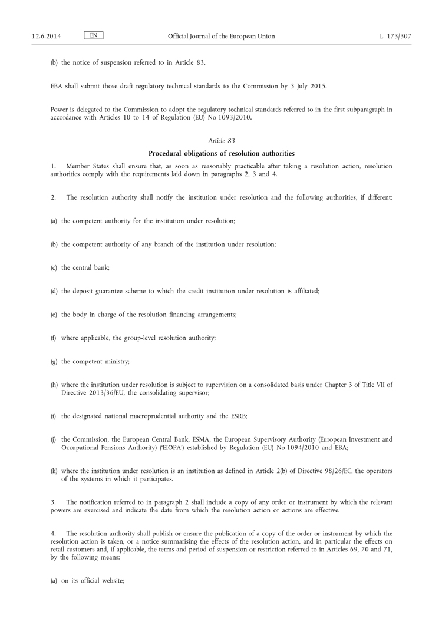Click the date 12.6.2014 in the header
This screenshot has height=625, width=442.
pos(47,37)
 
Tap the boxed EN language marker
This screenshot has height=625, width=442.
pos(94,36)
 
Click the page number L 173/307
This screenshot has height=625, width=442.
pos(395,37)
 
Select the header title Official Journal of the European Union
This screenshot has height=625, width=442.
pos(221,37)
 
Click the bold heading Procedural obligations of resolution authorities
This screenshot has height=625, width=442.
pos(221,153)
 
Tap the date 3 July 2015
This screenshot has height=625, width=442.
pos(307,86)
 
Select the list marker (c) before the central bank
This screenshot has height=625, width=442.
pos(54,267)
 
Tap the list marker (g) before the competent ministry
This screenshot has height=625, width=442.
pos(54,362)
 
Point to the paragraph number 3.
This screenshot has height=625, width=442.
pos(52,502)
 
